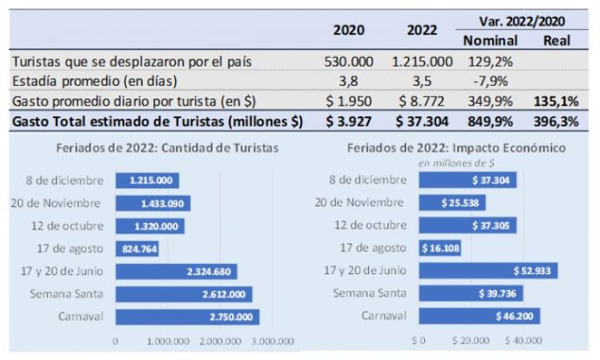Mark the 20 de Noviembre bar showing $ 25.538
[452, 203]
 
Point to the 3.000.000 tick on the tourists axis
[273, 341]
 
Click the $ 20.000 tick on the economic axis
[471, 341]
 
